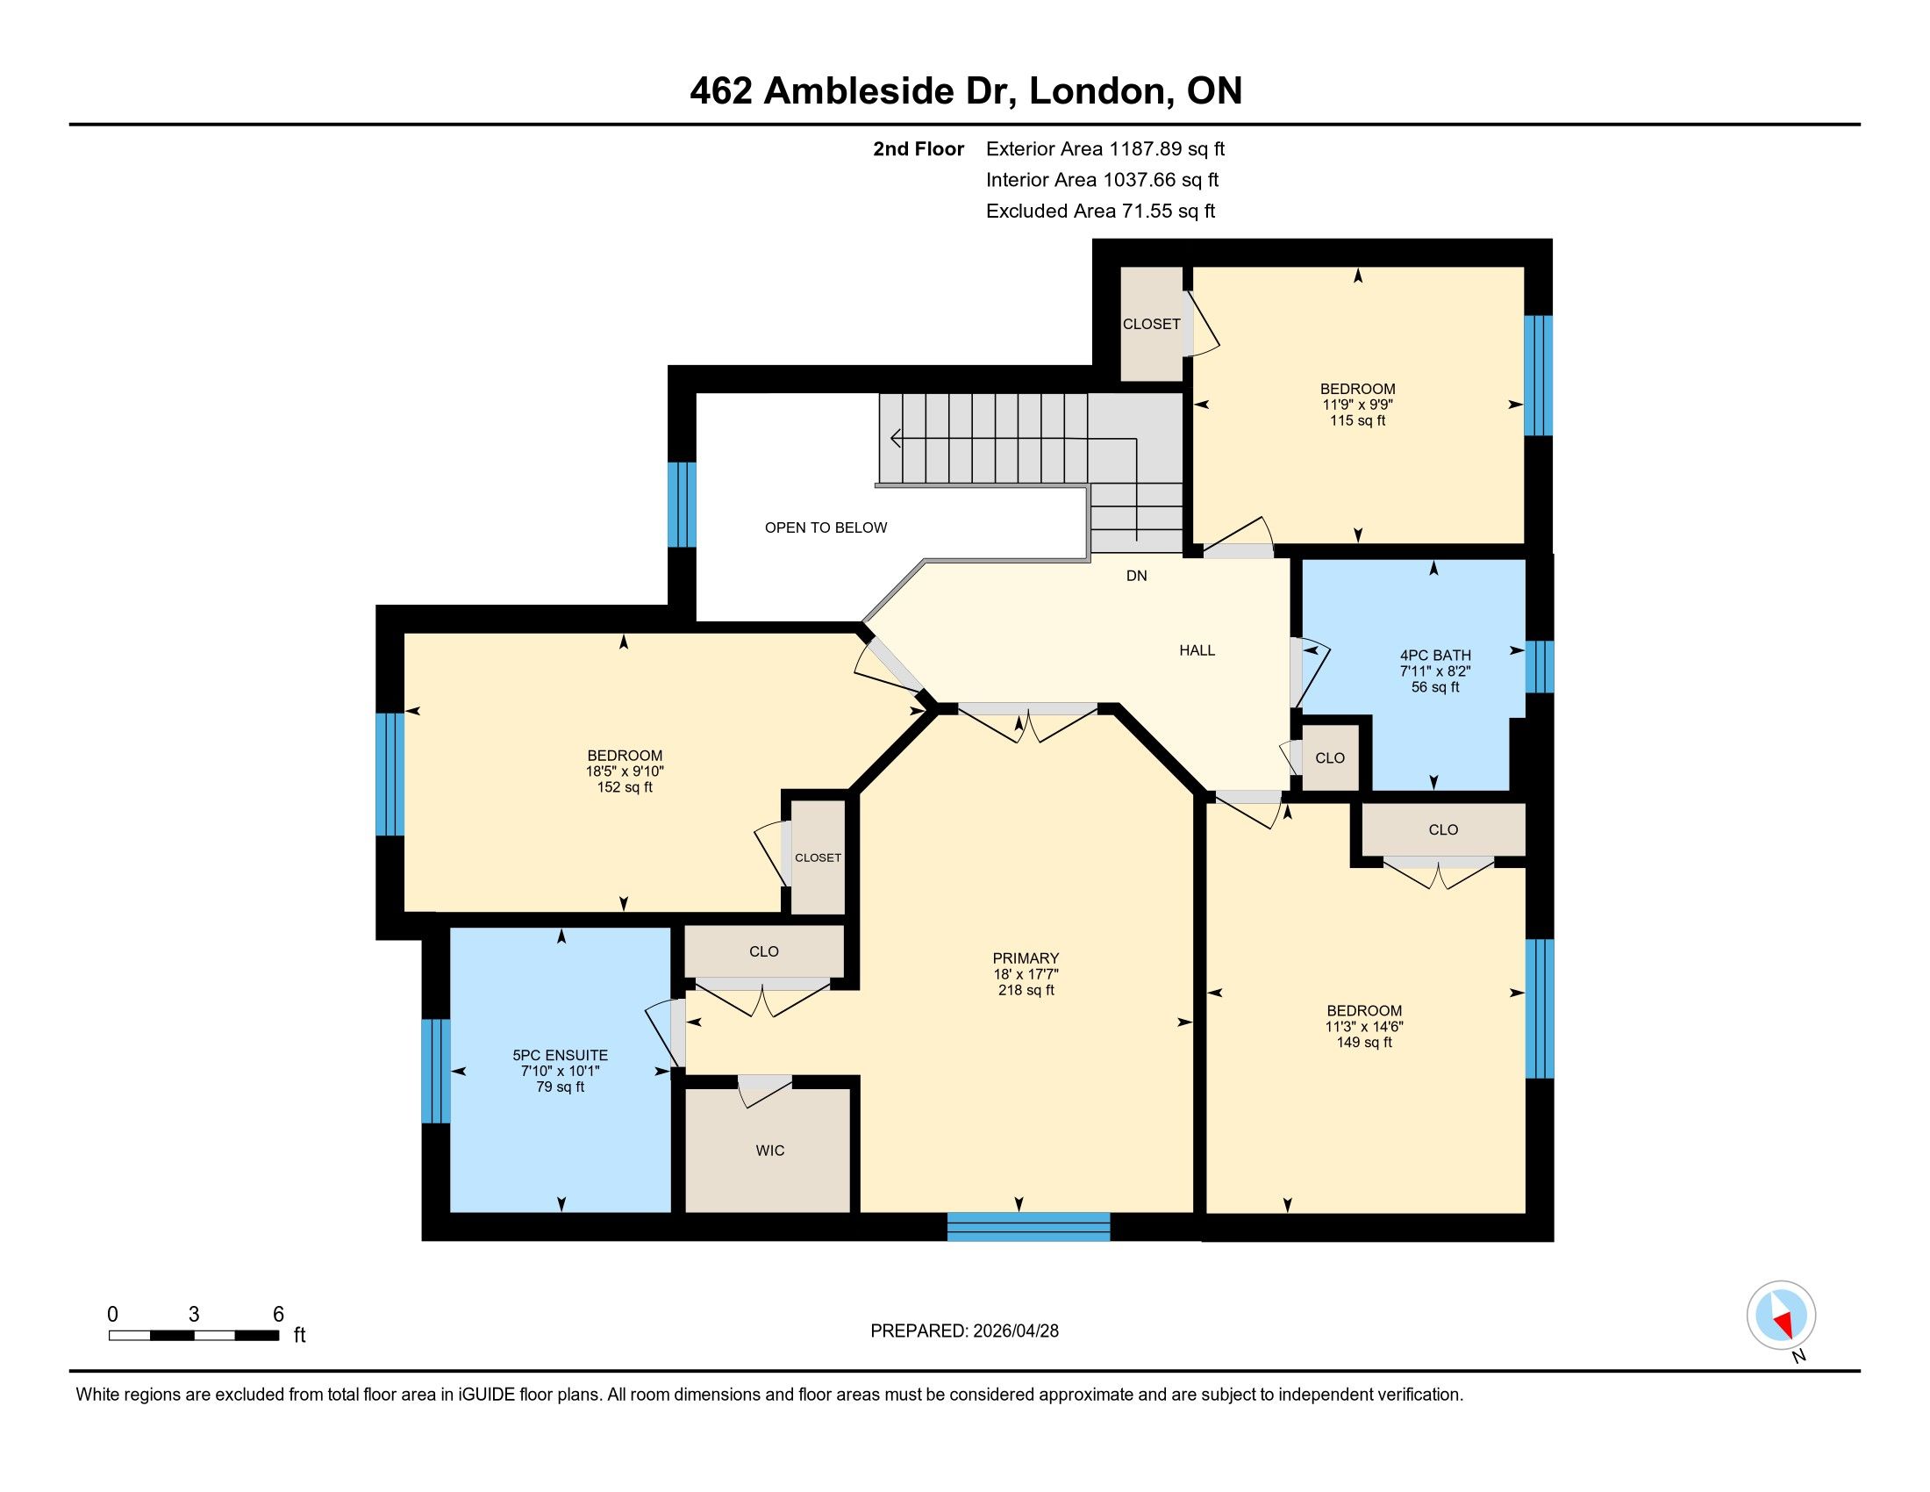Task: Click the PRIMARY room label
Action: click(x=1025, y=958)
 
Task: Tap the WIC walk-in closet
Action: click(x=768, y=1150)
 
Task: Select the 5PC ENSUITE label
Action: click(x=561, y=1055)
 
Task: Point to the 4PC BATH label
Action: click(x=1435, y=655)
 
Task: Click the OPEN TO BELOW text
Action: click(x=826, y=527)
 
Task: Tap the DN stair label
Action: click(x=1136, y=576)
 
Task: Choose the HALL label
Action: click(x=1197, y=650)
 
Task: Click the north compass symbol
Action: click(x=1782, y=1316)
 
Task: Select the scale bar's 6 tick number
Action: click(x=278, y=1315)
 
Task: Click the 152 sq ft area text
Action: click(x=625, y=786)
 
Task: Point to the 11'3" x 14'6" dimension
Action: click(x=1364, y=1026)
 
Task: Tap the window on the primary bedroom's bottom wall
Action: click(x=1029, y=1227)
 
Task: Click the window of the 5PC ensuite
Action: click(x=436, y=1072)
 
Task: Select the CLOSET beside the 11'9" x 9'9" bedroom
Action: click(x=1152, y=325)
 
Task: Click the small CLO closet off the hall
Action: click(x=1330, y=757)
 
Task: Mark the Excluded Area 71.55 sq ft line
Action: click(x=1100, y=212)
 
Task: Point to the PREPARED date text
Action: click(x=964, y=1331)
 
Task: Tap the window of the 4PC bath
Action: click(x=1540, y=666)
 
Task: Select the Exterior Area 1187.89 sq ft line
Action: click(x=1105, y=149)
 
